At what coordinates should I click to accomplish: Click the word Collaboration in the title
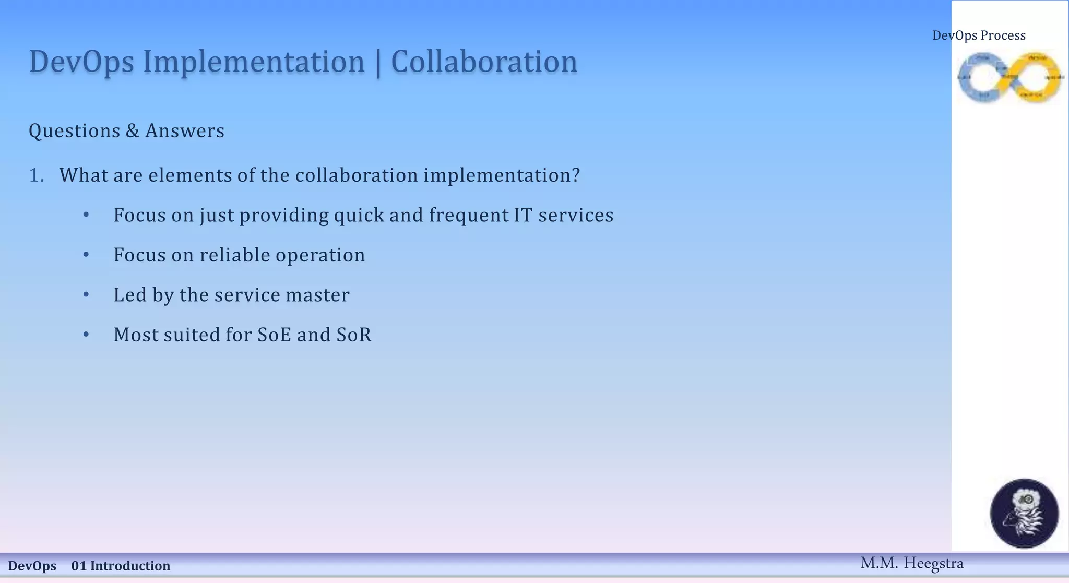484,62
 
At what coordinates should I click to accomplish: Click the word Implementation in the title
254,62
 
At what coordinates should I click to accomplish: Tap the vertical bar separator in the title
378,63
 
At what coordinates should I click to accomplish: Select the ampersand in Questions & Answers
133,131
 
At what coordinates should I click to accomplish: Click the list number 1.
36,175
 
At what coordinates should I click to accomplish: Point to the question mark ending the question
576,175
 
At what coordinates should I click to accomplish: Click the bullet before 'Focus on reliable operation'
86,255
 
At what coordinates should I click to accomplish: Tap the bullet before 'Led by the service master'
86,295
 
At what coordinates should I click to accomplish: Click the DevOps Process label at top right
979,35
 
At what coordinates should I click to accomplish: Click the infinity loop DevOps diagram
1009,77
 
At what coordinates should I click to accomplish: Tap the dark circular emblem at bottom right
1024,513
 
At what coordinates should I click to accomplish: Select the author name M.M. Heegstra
911,563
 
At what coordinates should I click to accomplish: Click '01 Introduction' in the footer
121,566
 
